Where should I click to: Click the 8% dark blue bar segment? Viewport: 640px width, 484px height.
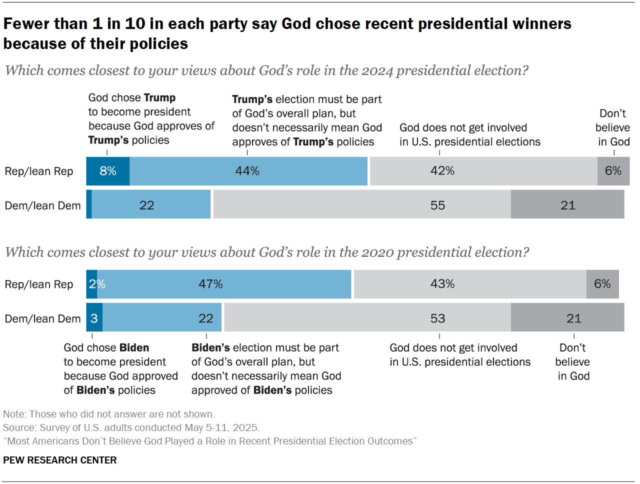(x=107, y=171)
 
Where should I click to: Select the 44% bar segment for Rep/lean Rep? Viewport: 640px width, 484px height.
(x=248, y=171)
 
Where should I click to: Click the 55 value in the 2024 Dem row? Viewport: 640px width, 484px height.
(x=437, y=205)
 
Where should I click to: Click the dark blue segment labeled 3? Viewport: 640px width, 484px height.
(x=94, y=318)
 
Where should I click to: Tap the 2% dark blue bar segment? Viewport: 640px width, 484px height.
(x=91, y=284)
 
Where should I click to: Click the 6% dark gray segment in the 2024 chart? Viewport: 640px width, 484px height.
(x=613, y=171)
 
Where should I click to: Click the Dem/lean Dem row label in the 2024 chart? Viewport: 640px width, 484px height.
(x=42, y=205)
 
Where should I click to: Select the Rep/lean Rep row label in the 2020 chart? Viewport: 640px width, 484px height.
(x=39, y=284)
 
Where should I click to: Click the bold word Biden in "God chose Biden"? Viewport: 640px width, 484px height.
(x=134, y=347)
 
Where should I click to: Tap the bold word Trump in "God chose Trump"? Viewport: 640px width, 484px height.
(x=159, y=97)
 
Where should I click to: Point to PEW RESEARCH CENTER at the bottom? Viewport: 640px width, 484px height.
(x=59, y=460)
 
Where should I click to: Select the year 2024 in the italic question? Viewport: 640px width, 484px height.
(x=377, y=70)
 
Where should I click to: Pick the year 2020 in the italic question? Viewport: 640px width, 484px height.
(x=377, y=252)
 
